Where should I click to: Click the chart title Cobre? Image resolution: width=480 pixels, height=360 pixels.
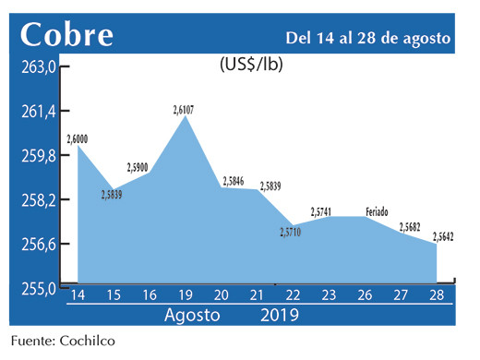[67, 34]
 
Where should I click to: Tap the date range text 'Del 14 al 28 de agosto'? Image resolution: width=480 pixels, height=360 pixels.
[368, 38]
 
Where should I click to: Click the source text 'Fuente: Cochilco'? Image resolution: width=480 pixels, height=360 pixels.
[64, 342]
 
